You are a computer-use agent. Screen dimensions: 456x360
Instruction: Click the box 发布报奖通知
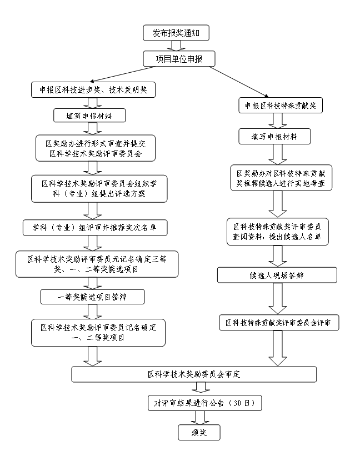point(176,33)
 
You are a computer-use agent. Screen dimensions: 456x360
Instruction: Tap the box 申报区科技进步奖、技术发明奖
point(92,90)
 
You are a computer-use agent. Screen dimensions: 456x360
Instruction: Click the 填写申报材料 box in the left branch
point(89,115)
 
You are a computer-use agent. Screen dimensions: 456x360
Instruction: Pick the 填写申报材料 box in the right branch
point(274,136)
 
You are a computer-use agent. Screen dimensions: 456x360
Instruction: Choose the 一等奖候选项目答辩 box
point(92,297)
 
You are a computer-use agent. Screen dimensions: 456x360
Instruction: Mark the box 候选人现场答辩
point(276,275)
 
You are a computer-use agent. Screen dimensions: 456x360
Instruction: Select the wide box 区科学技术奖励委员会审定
point(194,374)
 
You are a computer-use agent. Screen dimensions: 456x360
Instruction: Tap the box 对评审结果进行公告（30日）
point(204,403)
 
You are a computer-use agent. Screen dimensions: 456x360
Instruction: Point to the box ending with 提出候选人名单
point(278,232)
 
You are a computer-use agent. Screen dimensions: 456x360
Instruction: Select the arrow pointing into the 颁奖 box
point(199,417)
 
